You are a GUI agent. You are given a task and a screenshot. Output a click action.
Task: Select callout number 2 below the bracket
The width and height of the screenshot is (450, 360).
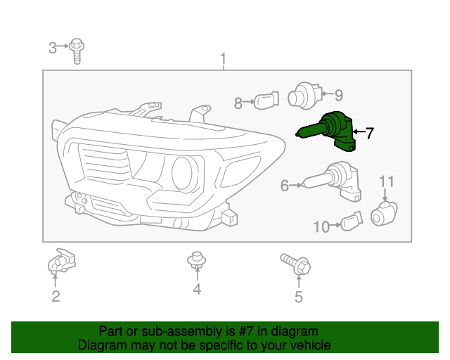(56, 296)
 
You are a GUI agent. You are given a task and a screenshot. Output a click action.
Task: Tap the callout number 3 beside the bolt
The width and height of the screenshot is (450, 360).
(53, 48)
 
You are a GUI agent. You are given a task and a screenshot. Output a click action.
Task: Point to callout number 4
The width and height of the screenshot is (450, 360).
(197, 289)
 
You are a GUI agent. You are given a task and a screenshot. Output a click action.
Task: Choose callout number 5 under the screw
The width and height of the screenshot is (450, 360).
(298, 297)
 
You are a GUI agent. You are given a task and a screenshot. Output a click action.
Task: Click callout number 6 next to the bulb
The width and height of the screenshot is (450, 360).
(285, 186)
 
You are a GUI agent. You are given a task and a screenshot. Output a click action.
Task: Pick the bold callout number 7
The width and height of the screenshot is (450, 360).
(369, 131)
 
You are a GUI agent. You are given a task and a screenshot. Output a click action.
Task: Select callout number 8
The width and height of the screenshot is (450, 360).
(238, 103)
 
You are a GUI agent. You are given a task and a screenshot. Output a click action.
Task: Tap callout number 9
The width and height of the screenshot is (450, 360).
(337, 95)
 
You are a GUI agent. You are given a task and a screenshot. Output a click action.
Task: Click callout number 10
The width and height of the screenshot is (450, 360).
(321, 226)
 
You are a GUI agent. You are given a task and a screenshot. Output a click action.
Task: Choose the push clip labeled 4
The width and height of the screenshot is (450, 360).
(197, 261)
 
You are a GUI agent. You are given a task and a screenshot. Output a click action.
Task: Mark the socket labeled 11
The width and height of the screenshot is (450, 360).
(384, 212)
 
